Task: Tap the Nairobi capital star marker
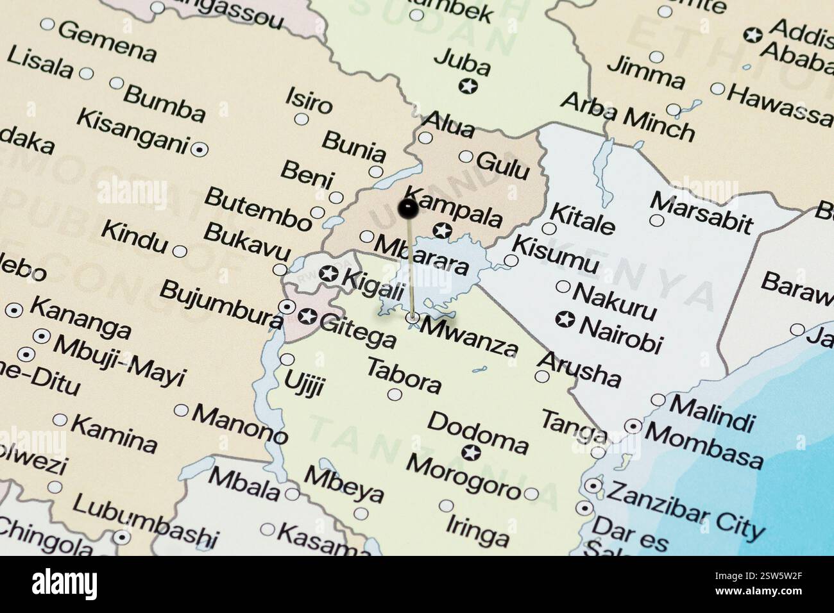[565, 319]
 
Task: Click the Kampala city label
[455, 207]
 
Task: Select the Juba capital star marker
[469, 85]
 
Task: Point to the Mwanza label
[468, 336]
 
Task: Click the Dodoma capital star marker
[472, 453]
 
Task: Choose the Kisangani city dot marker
[200, 149]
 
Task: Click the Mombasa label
[704, 444]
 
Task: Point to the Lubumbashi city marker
[122, 536]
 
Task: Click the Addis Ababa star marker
[754, 35]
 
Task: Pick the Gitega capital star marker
[307, 316]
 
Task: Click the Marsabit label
[701, 211]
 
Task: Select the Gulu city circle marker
[466, 157]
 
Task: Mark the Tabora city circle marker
[395, 394]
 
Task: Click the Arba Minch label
[627, 117]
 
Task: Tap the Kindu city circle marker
[180, 251]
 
